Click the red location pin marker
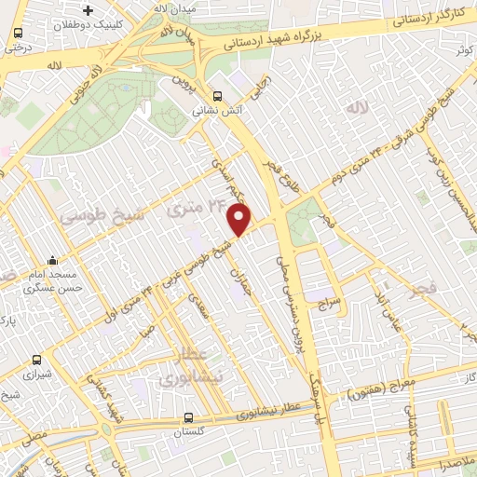[x=239, y=220]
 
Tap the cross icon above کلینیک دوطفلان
[x=88, y=11]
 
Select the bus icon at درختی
[x=18, y=33]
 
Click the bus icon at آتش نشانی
[x=217, y=95]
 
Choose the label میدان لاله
[x=173, y=7]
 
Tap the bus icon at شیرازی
[x=36, y=359]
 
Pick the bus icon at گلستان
[x=189, y=417]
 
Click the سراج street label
[x=333, y=303]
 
